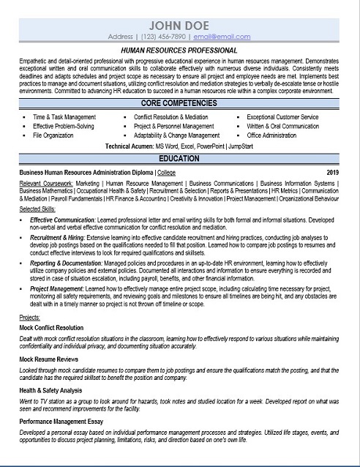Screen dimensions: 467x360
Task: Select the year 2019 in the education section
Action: [332, 173]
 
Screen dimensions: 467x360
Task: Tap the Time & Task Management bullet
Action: [65, 117]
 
